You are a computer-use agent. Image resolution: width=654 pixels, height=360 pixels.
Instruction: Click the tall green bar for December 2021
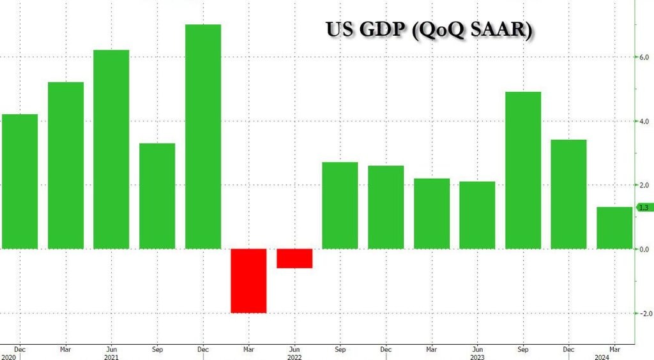pyautogui.click(x=203, y=137)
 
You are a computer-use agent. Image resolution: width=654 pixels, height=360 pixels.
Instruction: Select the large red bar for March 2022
pyautogui.click(x=248, y=281)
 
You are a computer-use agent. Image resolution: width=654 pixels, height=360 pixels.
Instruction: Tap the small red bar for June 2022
pyautogui.click(x=294, y=259)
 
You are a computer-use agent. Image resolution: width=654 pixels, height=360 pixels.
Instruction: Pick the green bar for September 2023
pyautogui.click(x=523, y=170)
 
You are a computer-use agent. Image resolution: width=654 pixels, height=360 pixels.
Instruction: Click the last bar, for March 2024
pyautogui.click(x=614, y=228)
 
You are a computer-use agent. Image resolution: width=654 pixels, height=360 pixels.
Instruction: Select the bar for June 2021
pyautogui.click(x=111, y=149)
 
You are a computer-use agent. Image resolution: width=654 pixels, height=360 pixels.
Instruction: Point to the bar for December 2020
pyautogui.click(x=20, y=181)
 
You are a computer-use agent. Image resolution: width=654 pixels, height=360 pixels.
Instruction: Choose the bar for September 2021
pyautogui.click(x=157, y=196)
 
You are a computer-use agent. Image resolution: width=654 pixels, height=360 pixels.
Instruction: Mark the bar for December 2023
pyautogui.click(x=568, y=194)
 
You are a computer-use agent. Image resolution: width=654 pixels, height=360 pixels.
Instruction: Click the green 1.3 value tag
pyautogui.click(x=644, y=207)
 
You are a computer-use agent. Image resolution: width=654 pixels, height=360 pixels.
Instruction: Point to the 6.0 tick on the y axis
pyautogui.click(x=644, y=57)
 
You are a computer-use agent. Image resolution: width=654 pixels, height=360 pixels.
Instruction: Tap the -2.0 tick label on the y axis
pyautogui.click(x=643, y=313)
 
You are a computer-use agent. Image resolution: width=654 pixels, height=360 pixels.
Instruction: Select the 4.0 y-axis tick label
pyautogui.click(x=644, y=121)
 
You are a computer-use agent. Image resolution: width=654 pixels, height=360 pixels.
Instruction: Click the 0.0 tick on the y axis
pyautogui.click(x=644, y=249)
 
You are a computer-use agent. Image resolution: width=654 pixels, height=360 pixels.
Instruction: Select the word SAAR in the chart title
pyautogui.click(x=498, y=30)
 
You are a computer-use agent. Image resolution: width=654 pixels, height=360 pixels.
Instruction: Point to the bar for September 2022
pyautogui.click(x=340, y=206)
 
